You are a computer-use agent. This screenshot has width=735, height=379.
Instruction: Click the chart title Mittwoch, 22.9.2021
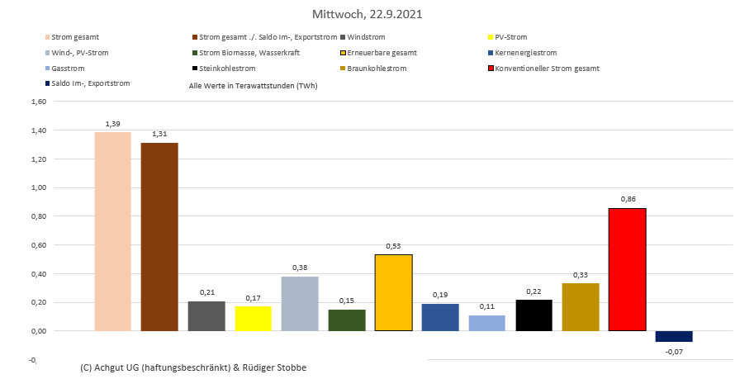coord(367,15)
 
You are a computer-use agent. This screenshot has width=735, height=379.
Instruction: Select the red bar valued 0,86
coord(627,269)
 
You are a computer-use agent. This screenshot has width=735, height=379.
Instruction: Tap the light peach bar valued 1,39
coord(112,231)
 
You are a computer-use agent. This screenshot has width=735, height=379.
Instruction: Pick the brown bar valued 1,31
coord(159,237)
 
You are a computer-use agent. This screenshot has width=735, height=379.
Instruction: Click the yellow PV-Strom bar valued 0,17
coord(253,319)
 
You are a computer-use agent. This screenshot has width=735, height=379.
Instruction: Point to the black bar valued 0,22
coord(533,315)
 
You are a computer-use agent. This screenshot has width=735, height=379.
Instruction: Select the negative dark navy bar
coord(674,336)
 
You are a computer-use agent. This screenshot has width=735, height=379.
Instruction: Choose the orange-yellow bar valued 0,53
coord(393,292)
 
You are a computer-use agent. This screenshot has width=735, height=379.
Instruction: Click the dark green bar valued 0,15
coord(346,320)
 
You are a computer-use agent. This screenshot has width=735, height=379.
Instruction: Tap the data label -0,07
coord(674,352)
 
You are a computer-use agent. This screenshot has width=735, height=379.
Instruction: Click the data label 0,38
coord(300,268)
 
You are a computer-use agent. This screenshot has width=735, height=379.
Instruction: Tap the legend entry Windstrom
coord(368,37)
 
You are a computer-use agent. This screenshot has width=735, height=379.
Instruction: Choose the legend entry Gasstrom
coord(68,69)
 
